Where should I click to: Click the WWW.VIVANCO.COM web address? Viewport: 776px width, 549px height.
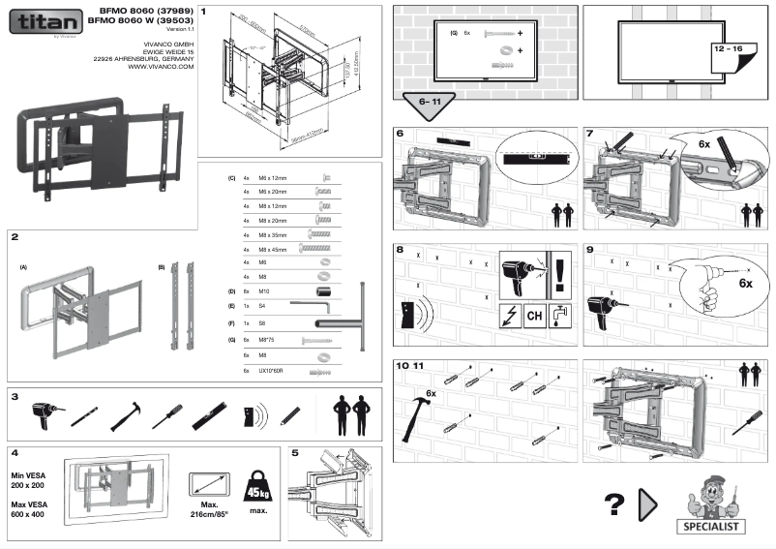161,67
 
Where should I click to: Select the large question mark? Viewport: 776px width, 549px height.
612,503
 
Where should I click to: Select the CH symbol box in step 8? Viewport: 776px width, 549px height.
533,316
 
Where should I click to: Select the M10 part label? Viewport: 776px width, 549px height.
264,290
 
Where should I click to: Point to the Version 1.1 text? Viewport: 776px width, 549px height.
180,29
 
